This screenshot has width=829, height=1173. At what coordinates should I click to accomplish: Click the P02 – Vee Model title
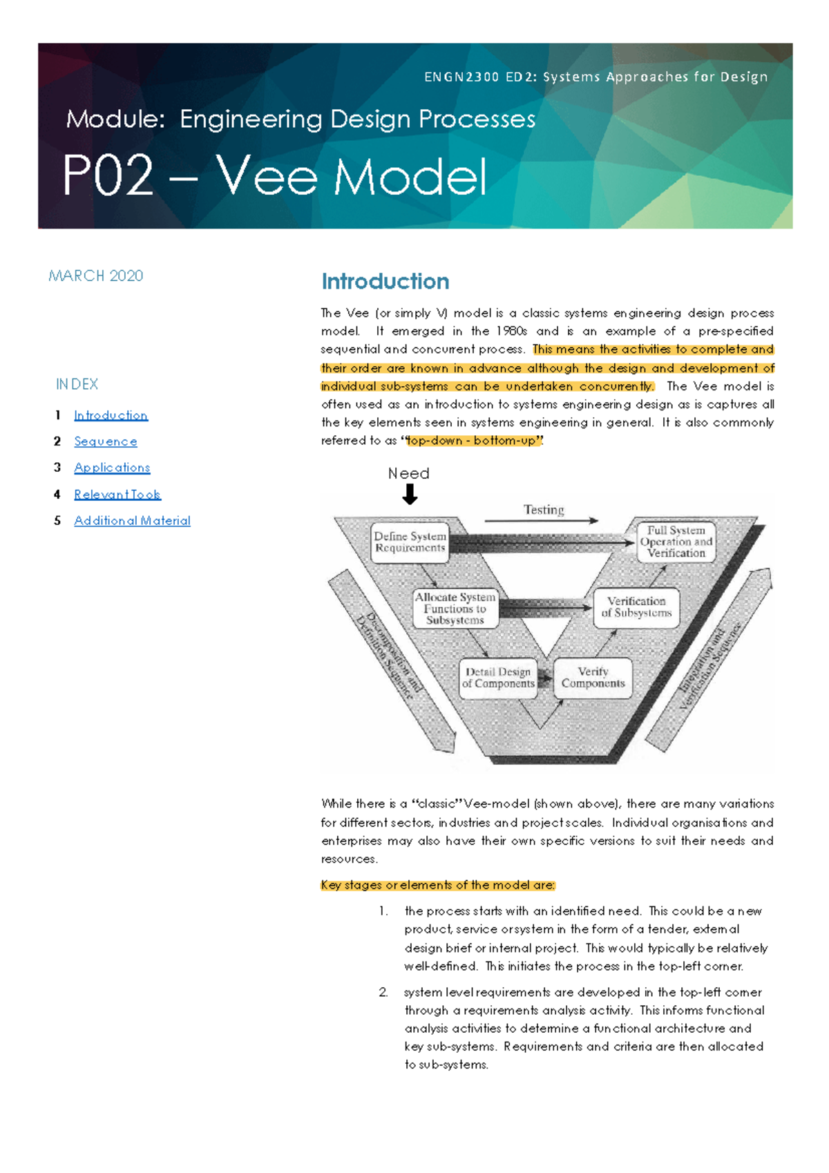[x=275, y=177]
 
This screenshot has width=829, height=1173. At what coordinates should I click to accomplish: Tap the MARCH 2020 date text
[x=96, y=276]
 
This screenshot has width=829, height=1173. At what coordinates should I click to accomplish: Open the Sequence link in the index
[x=106, y=441]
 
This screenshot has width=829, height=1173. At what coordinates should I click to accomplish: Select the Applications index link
[x=112, y=468]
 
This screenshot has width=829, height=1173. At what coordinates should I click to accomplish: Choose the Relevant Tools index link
[x=117, y=495]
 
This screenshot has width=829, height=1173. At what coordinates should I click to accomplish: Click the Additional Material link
[x=132, y=521]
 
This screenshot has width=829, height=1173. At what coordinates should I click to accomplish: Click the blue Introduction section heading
[x=385, y=282]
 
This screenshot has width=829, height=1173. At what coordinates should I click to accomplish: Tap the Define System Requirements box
[x=410, y=542]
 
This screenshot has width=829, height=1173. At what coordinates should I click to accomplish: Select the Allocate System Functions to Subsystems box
[x=455, y=609]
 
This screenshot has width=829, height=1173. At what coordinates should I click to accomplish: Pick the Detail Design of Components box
[x=497, y=678]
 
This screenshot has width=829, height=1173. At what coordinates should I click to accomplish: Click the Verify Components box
[x=593, y=678]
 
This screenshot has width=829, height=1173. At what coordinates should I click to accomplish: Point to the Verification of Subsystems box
[x=636, y=607]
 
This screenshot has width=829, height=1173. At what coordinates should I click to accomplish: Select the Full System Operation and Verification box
[x=676, y=542]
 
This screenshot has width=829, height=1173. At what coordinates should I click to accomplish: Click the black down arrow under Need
[x=410, y=494]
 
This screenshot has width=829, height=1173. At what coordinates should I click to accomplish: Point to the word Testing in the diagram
[x=544, y=510]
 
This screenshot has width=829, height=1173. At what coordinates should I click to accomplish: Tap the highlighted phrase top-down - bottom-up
[x=472, y=441]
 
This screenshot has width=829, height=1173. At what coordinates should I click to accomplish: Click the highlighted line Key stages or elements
[x=438, y=885]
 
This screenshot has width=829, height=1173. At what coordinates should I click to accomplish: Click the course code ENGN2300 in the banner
[x=461, y=77]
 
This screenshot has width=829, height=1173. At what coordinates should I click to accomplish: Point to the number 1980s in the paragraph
[x=511, y=332]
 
